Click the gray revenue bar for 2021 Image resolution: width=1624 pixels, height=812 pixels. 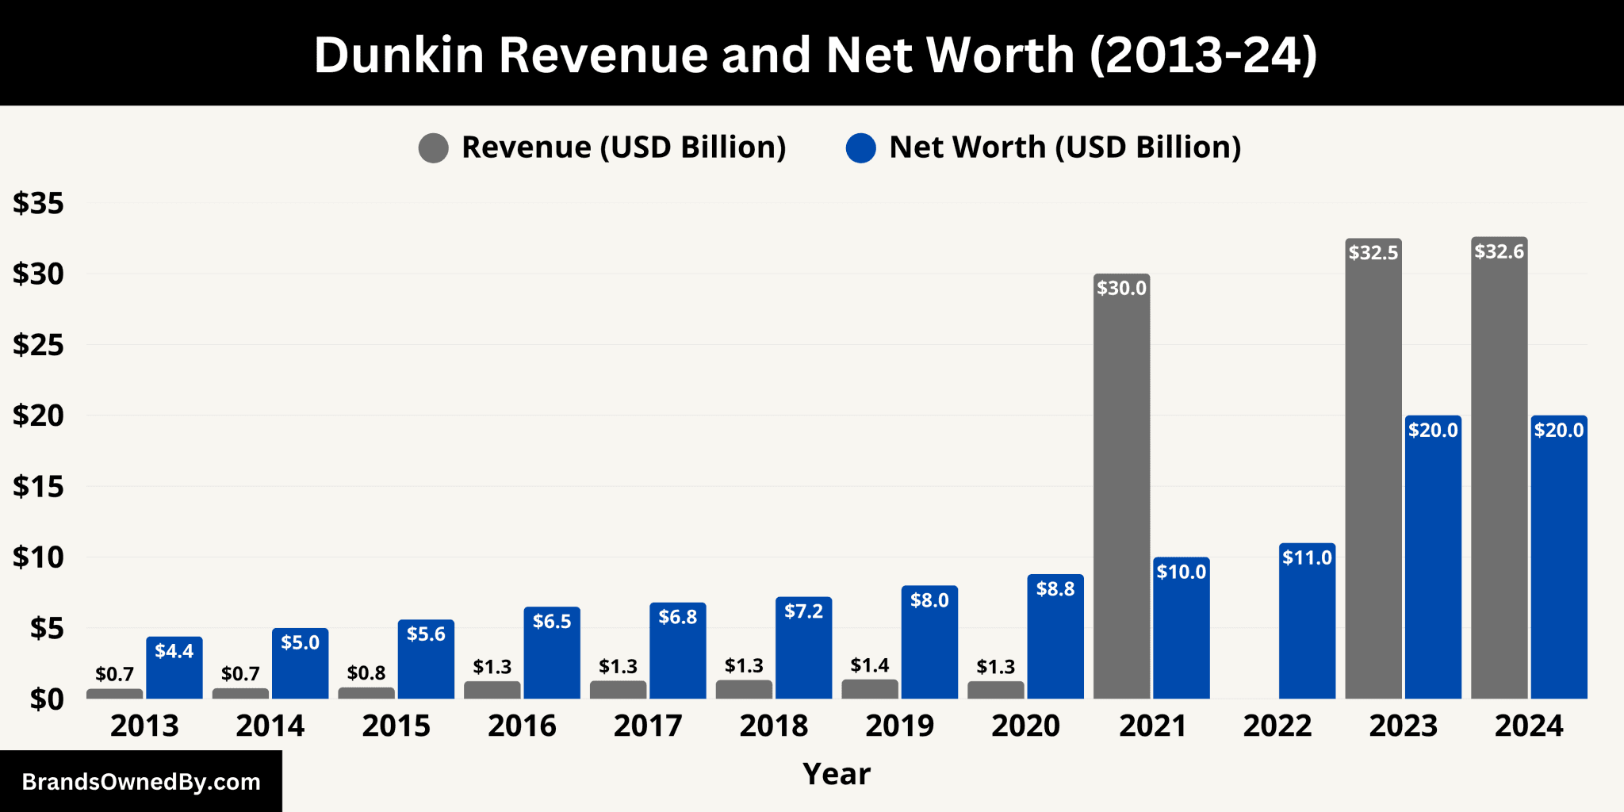pos(1121,492)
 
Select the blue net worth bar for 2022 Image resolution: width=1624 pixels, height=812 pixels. pos(1307,626)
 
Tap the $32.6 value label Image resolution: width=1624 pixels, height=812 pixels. pos(1499,252)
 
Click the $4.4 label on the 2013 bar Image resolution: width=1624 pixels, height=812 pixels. pos(174,651)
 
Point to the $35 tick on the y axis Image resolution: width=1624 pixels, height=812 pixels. pos(38,204)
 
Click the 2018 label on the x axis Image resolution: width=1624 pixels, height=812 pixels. pos(773,726)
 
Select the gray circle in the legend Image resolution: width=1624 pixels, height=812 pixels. pos(434,147)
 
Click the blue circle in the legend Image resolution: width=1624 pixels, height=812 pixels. pos(861,147)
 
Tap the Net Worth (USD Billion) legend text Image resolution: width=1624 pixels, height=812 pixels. pos(1064,147)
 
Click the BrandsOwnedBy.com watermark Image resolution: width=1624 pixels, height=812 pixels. pos(141,782)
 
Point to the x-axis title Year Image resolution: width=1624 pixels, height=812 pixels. pos(836,774)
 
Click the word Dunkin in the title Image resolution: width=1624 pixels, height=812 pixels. pos(399,56)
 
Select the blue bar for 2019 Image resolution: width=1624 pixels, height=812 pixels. pos(929,646)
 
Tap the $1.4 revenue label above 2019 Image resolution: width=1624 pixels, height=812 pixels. pos(869,665)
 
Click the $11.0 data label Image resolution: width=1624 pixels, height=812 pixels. pos(1307,557)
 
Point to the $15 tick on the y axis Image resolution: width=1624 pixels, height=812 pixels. pos(38,486)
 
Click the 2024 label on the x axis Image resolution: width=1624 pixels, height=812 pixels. pos(1528,726)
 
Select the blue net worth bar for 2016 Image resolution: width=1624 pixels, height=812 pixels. pos(552,658)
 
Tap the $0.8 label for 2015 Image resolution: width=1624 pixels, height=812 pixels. pos(366,673)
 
